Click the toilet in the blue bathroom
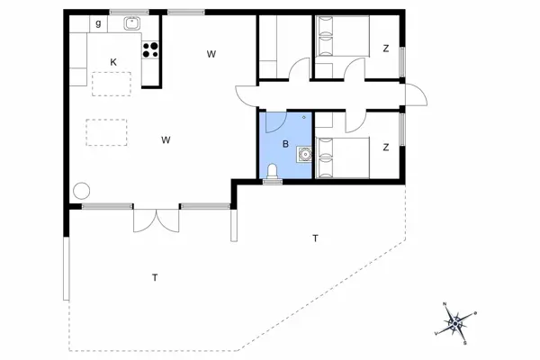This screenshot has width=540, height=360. (x=272, y=171)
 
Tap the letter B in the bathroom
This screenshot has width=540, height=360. (x=285, y=144)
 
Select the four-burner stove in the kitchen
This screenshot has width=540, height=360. (x=150, y=50)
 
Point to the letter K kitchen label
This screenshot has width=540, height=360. (x=113, y=61)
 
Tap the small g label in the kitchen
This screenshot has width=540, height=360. (x=97, y=22)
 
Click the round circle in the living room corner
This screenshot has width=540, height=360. (x=83, y=190)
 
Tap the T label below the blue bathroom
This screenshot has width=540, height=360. (x=315, y=238)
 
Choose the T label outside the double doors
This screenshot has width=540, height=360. (x=155, y=278)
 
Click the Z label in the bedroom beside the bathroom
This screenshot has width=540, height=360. (x=385, y=147)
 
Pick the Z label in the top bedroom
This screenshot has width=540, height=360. (x=385, y=49)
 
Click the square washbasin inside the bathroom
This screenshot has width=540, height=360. (x=306, y=154)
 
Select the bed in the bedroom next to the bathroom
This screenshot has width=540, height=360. (x=341, y=159)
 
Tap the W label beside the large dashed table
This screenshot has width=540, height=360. (x=166, y=139)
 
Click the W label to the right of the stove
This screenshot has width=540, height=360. (x=211, y=55)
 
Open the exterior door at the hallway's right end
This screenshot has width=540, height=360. (x=413, y=94)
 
